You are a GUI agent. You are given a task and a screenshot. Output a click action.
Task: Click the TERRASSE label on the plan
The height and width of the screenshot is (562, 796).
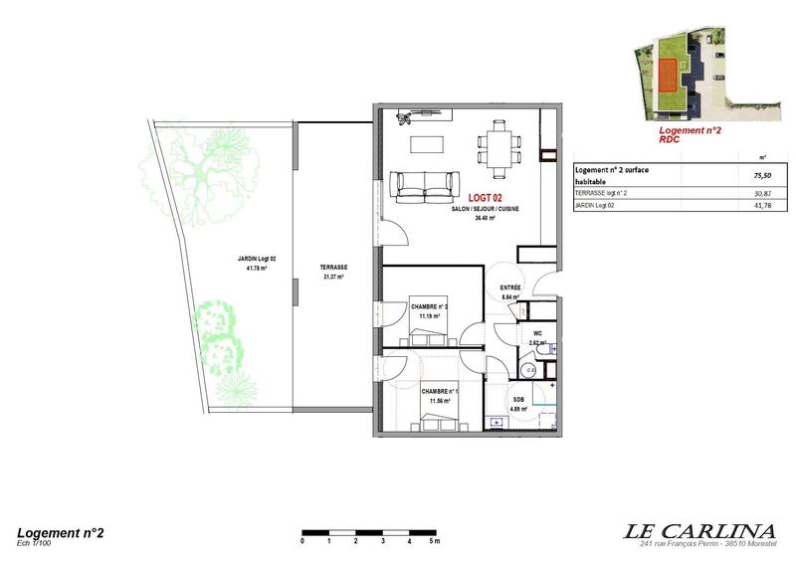[332, 269]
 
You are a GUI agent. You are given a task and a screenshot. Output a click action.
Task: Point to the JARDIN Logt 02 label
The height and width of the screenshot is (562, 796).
[256, 259]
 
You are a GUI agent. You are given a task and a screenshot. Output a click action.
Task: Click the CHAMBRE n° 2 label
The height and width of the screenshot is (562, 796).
[430, 306]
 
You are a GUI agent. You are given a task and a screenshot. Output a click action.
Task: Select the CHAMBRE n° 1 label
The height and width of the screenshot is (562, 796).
[439, 392]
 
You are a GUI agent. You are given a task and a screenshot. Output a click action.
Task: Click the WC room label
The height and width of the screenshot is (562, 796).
[536, 333]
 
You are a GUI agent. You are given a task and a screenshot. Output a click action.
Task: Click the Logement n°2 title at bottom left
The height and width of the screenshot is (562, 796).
[61, 533]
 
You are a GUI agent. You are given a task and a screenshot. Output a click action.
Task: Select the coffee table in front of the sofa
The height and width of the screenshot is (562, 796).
[429, 143]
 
